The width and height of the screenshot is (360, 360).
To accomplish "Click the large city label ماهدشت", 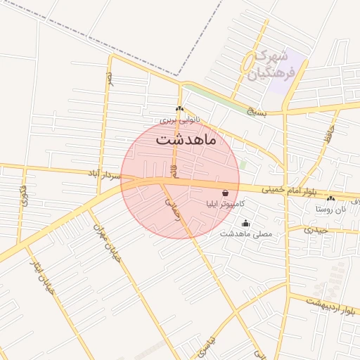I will pos(187,139).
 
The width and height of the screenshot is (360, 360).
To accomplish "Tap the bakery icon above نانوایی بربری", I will pos(179,109).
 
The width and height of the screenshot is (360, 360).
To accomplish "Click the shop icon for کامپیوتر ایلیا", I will pos(225,192).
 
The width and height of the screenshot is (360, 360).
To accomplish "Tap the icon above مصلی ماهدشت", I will pos(245,224).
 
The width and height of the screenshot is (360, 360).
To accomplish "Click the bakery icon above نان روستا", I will pos(331,199).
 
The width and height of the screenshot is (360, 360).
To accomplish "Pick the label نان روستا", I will pos(331,210).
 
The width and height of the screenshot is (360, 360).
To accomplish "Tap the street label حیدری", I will pos(316,229).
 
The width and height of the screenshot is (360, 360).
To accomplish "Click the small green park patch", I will pos(243,163).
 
